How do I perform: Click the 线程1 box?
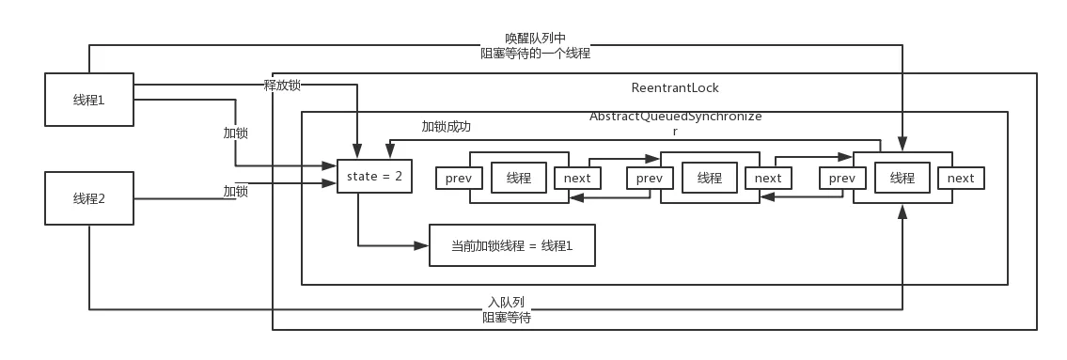(89, 100)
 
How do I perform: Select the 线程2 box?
(89, 198)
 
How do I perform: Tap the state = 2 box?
(374, 177)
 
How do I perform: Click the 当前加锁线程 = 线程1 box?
(511, 245)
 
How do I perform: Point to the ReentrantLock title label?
(675, 87)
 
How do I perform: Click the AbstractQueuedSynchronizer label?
(675, 123)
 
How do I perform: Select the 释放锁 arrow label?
(282, 86)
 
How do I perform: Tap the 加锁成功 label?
(446, 127)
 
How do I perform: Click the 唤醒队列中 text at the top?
(535, 39)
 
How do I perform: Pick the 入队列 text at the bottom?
(507, 302)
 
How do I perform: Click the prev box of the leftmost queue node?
(460, 179)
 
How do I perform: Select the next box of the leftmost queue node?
(577, 179)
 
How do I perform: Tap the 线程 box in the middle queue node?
(710, 179)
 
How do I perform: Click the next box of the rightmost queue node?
(961, 179)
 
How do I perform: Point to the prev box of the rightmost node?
(841, 179)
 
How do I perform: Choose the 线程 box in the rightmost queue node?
(902, 179)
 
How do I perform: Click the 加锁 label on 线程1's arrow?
(235, 133)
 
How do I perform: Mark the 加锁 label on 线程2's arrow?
(235, 191)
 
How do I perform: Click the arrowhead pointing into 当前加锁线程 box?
(422, 245)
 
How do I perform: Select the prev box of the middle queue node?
(650, 179)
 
